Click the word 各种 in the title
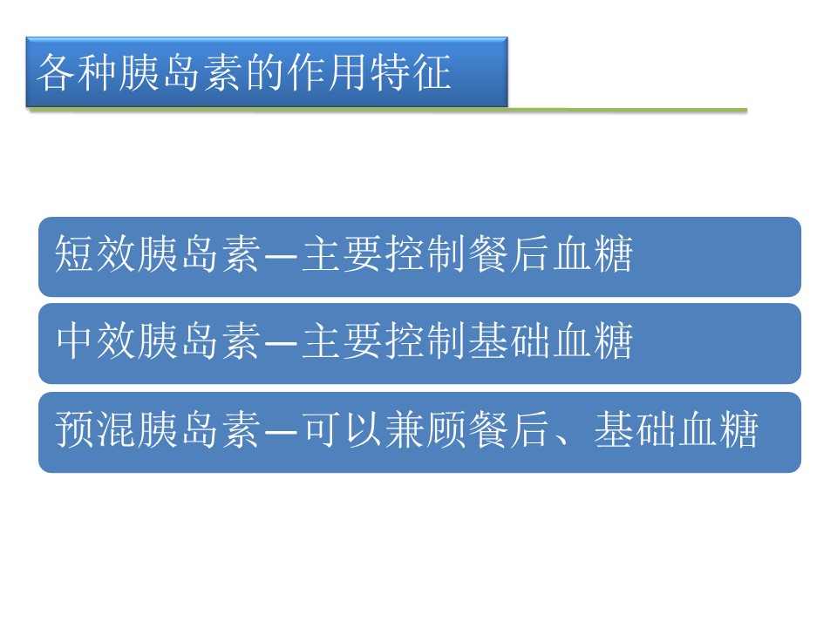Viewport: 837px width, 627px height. click(78, 72)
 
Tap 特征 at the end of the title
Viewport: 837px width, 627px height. click(411, 72)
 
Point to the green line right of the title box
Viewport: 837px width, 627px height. click(627, 110)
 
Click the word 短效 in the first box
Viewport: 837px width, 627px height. click(96, 253)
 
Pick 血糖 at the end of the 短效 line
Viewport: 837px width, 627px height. click(593, 253)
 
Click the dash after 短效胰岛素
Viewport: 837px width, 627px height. click(281, 256)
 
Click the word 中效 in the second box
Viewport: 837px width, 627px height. click(96, 341)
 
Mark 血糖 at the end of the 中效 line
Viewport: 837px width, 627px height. click(593, 341)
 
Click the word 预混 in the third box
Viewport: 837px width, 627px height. click(96, 429)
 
